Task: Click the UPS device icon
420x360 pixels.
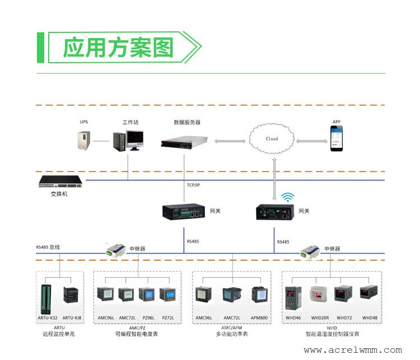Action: click(83, 140)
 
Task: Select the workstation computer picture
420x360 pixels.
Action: click(128, 141)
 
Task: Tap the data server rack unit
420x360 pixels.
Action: click(184, 142)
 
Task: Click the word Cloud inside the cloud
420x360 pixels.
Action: click(272, 139)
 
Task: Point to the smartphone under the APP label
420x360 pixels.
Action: click(337, 138)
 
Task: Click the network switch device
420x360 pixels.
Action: click(60, 181)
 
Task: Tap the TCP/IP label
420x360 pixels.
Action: click(193, 185)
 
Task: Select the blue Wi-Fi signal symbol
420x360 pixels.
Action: click(288, 197)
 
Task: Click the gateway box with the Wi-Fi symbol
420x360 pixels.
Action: click(275, 212)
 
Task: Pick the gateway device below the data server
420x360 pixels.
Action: click(184, 212)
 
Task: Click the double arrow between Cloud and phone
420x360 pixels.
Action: click(312, 141)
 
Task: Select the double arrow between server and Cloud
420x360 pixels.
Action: click(230, 141)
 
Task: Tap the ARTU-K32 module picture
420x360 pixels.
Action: click(46, 300)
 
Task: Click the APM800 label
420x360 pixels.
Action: click(259, 318)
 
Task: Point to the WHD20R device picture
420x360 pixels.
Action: click(318, 294)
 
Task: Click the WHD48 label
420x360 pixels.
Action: click(370, 318)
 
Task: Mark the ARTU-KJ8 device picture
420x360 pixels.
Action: click(71, 294)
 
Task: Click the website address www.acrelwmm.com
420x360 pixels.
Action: click(353, 350)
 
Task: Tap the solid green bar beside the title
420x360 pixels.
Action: click(40, 48)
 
